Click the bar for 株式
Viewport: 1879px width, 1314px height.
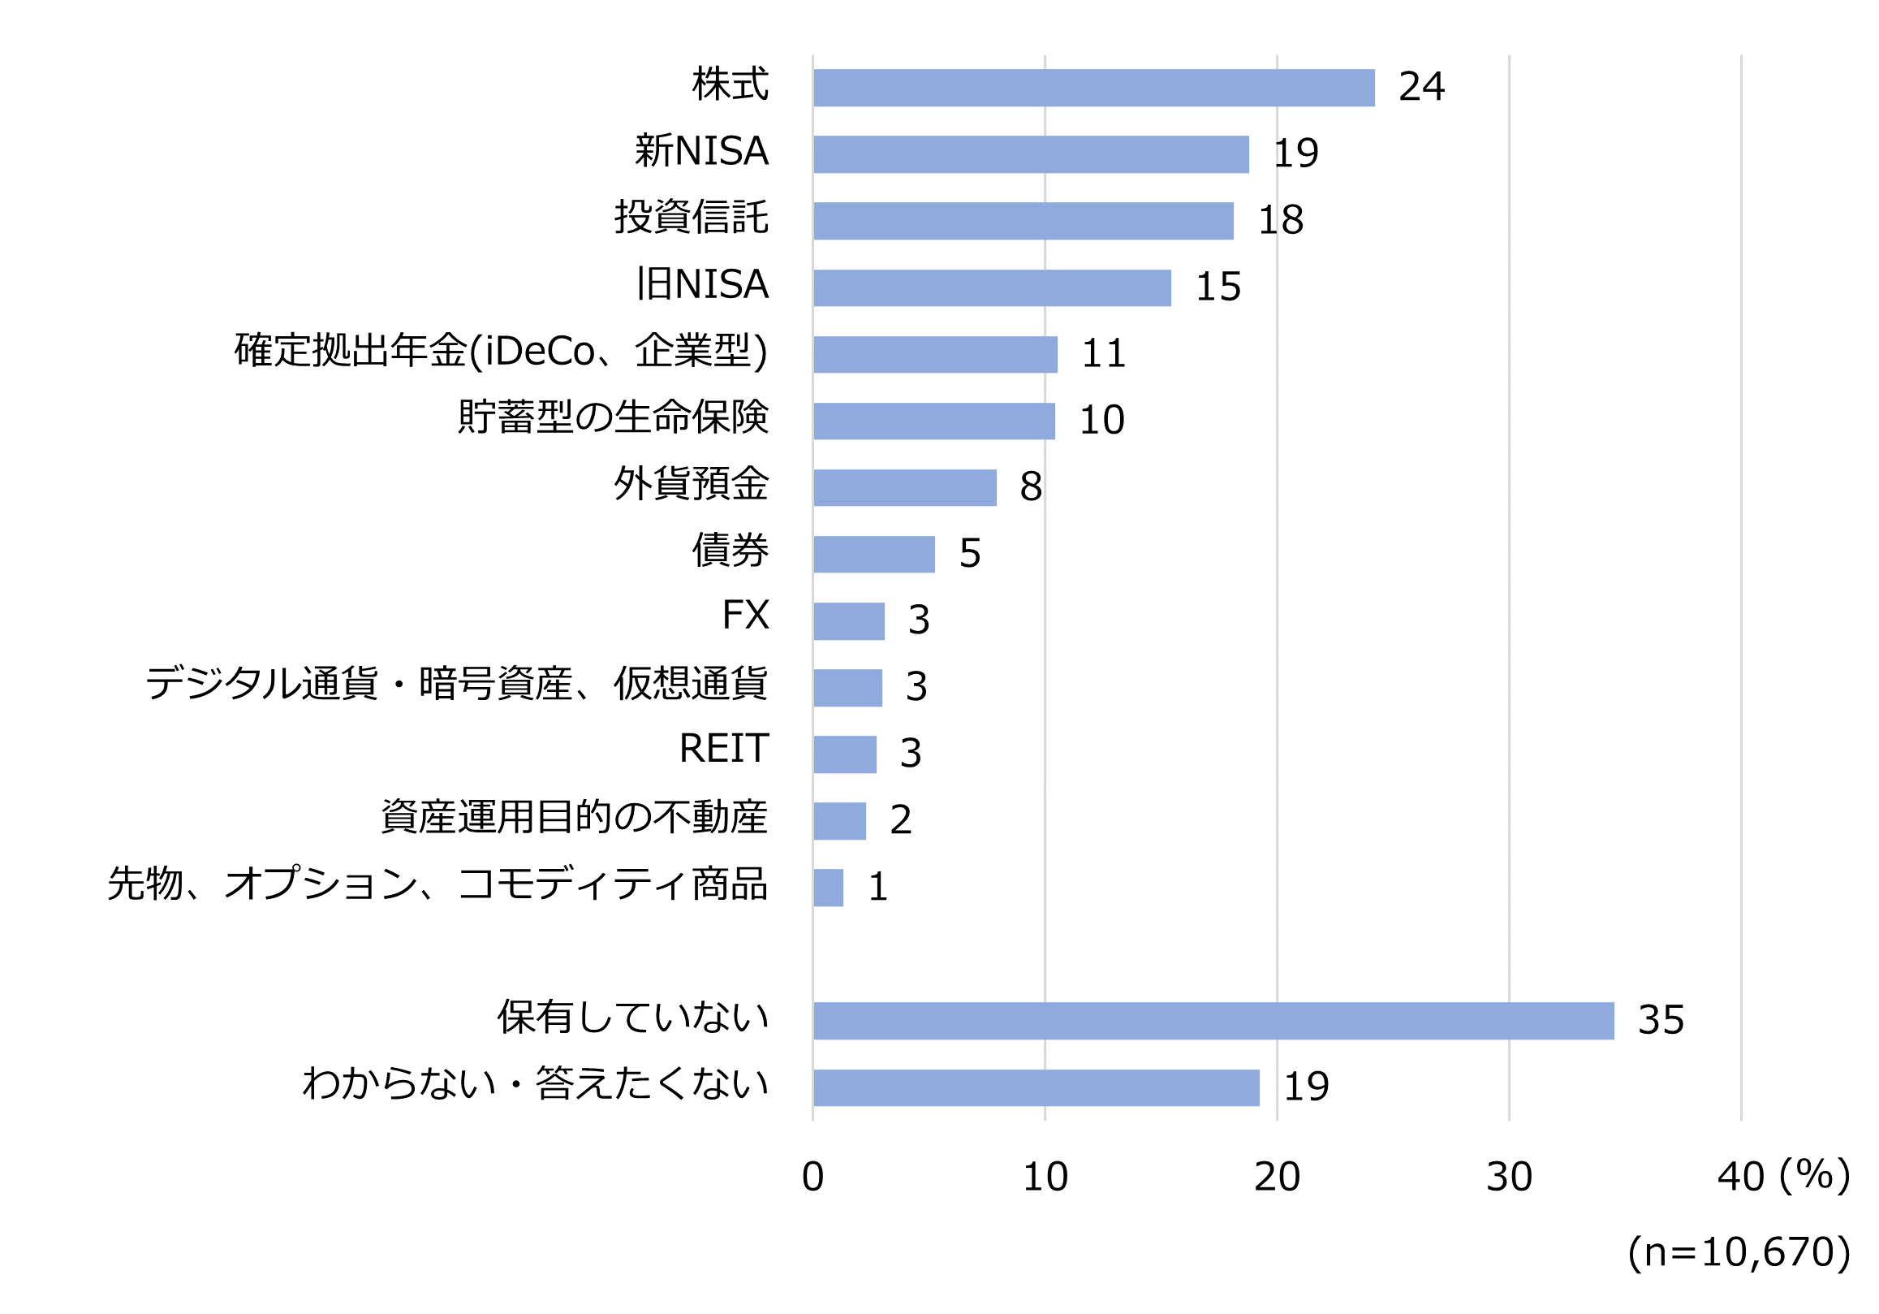[1093, 88]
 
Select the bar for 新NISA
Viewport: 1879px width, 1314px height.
[1030, 154]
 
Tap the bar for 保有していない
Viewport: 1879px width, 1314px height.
[1213, 1020]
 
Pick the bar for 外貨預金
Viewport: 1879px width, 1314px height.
[904, 487]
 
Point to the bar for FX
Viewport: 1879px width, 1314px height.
[849, 620]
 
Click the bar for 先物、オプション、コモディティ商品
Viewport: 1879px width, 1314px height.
[827, 888]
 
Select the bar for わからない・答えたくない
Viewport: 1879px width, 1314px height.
[1035, 1087]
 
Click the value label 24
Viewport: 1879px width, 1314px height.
[1420, 87]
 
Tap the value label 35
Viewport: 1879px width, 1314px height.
[1661, 1020]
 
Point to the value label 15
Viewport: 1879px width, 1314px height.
[1217, 287]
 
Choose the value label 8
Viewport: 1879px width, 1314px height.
[1030, 487]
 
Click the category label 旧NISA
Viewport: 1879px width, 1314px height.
[702, 285]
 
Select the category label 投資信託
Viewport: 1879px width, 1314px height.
[691, 218]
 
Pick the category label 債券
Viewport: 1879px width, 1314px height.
[730, 550]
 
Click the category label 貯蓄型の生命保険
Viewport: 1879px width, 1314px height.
[613, 417]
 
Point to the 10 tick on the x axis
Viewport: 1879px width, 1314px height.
[1045, 1178]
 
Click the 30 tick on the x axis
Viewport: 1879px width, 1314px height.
[1509, 1178]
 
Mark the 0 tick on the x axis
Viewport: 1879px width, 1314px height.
[812, 1178]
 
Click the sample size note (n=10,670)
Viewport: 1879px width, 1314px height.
[1739, 1252]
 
